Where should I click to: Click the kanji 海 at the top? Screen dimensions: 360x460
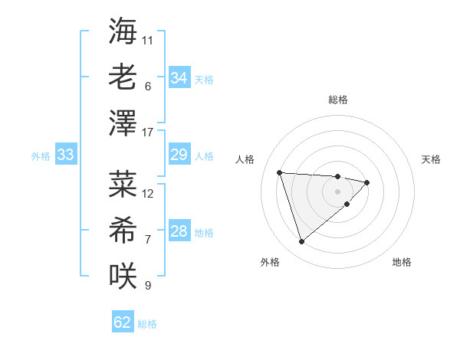[x=123, y=31]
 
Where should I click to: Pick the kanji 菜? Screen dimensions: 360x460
[x=123, y=184]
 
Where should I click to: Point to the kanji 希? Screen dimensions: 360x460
[x=123, y=229]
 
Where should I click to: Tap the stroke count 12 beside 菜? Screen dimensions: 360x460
[x=148, y=193]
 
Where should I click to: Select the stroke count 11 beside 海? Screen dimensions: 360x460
[x=148, y=40]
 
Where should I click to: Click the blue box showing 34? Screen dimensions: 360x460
[x=179, y=78]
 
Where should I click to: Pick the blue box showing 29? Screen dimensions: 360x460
[x=179, y=155]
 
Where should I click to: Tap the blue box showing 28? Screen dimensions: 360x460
[x=179, y=232]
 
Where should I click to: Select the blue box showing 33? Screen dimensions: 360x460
[x=65, y=155]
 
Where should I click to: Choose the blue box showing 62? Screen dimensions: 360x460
[x=123, y=322]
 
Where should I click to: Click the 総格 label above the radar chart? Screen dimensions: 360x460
[x=337, y=100]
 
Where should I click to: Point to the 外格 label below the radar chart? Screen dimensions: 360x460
[x=270, y=262]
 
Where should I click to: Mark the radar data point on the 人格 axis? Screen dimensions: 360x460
[x=280, y=172]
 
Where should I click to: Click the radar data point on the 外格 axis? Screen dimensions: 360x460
[x=301, y=242]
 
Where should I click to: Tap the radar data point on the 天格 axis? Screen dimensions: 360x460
[x=367, y=182]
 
